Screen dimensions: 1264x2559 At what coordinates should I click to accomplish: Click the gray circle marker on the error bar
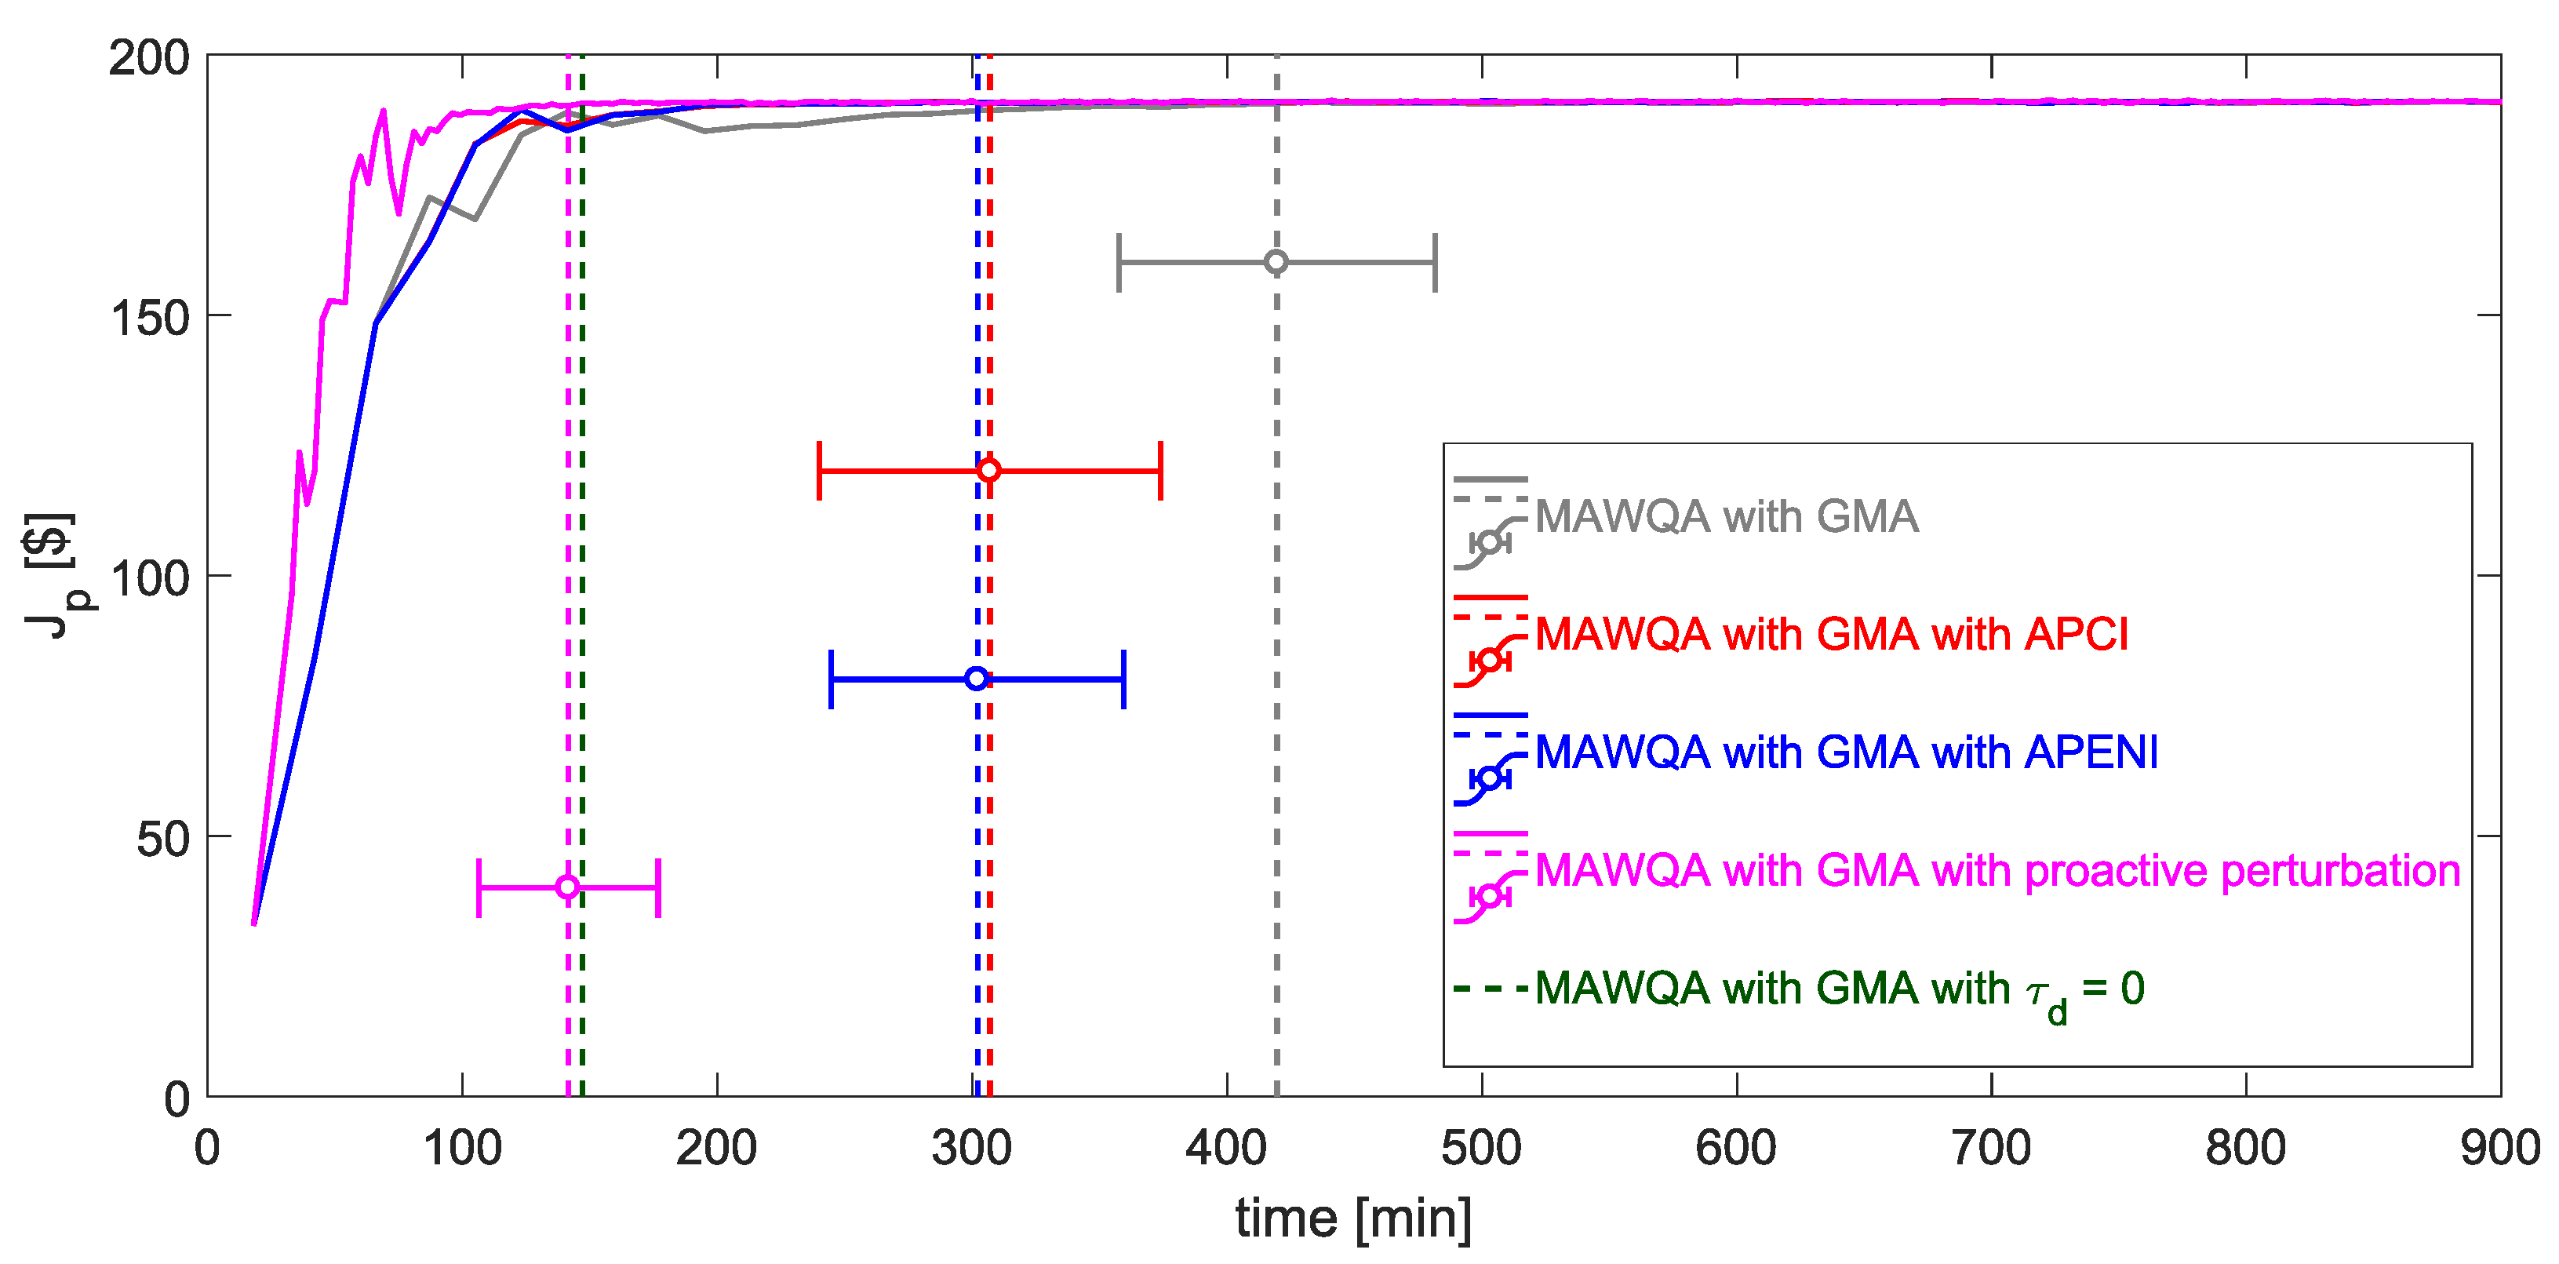(1276, 262)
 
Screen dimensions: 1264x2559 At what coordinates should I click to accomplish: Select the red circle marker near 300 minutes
(988, 470)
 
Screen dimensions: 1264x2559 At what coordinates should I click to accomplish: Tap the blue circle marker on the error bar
(977, 679)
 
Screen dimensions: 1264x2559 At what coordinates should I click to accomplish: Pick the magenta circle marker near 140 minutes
(567, 887)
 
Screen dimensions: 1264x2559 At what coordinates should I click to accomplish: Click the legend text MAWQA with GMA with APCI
(1831, 634)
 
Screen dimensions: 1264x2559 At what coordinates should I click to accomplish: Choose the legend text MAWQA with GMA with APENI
(1846, 752)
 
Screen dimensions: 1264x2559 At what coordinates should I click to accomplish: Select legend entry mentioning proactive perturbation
(1997, 870)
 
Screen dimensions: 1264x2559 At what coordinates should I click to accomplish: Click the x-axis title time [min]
(1353, 1218)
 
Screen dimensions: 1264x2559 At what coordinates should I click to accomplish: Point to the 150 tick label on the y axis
(149, 318)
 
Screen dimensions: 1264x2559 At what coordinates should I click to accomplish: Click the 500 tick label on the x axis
(1481, 1149)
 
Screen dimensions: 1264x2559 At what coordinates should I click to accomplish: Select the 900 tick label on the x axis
(2499, 1149)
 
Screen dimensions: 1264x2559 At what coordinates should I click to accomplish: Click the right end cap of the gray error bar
(1436, 262)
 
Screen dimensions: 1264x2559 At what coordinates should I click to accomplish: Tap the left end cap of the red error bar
(818, 470)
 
